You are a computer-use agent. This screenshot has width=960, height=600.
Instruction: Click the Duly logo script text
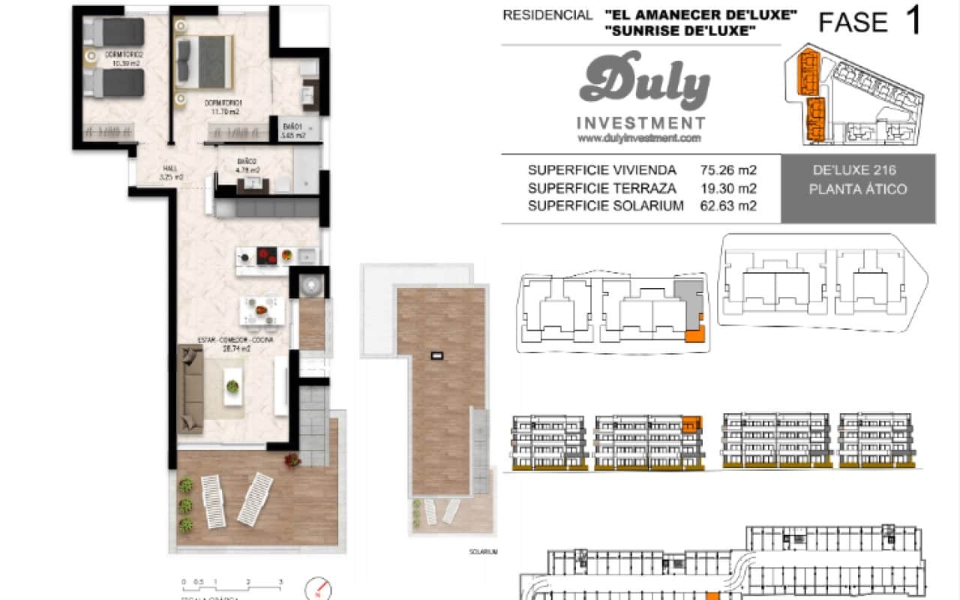(643, 81)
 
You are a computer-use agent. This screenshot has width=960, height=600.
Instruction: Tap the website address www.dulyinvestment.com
(640, 138)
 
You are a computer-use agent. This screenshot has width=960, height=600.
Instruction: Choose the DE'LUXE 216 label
(858, 171)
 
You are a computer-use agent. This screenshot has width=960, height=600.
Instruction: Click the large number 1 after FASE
(913, 22)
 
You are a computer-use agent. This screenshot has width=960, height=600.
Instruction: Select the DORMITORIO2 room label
(124, 54)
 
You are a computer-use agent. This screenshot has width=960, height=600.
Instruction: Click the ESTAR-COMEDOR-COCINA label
(234, 340)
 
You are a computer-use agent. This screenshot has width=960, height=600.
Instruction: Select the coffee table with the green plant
(233, 387)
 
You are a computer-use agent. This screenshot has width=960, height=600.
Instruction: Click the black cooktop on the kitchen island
(266, 256)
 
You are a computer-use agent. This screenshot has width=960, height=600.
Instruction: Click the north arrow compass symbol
(319, 587)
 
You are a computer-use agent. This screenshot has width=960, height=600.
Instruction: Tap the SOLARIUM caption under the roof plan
(484, 551)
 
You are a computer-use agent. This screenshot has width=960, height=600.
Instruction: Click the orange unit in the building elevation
(691, 425)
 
